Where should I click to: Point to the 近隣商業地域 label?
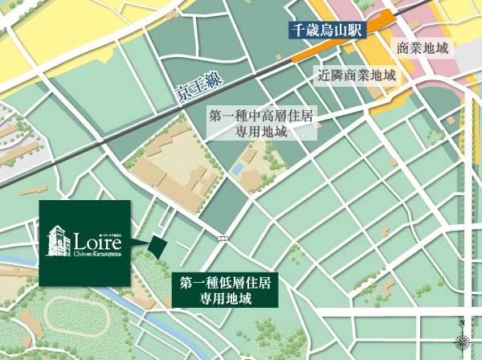pyautogui.click(x=357, y=77)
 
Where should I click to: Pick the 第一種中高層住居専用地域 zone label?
pyautogui.click(x=261, y=125)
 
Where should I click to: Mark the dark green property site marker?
pyautogui.click(x=157, y=245)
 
